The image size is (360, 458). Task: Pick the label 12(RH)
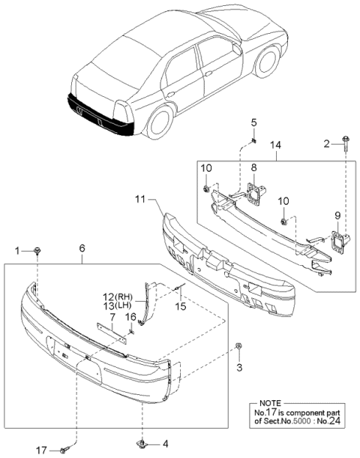(x=116, y=296)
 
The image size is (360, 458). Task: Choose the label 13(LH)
(x=116, y=306)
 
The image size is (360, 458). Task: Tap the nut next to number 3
(x=238, y=346)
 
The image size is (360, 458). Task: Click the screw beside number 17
(x=63, y=450)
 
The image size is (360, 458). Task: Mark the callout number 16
(x=131, y=317)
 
